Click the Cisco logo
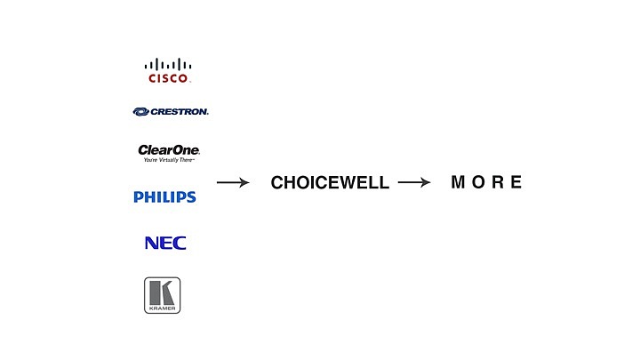coord(168,70)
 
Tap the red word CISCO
coord(168,78)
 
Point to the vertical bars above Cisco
coord(168,64)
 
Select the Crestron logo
coord(171,111)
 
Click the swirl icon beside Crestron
coord(140,112)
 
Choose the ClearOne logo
coord(169,153)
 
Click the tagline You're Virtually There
coord(169,160)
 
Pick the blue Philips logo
coord(165,197)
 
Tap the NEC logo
coord(165,243)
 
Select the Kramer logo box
coord(162,295)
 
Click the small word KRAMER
coord(162,308)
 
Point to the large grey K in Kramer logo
coord(162,292)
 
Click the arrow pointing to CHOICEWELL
coord(233,182)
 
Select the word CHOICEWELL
coord(330,182)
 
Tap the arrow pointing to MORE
coord(414,182)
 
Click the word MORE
coord(486,182)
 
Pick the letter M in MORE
coord(458,182)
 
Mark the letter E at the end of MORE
coord(516,182)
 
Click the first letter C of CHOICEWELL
coord(277,182)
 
